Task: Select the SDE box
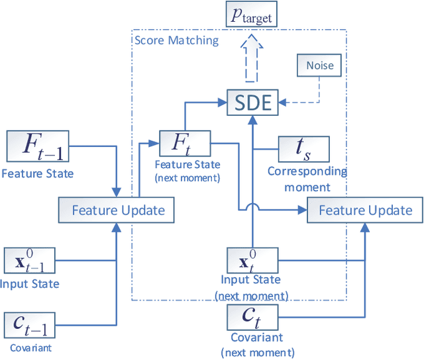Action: coord(252,103)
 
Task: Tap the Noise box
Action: coord(319,66)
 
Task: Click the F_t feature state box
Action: coord(184,142)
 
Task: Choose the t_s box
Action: coord(303,150)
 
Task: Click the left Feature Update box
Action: coord(117,210)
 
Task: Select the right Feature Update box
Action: coord(365,210)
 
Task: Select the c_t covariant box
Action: coord(252,317)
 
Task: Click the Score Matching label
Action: coord(176,40)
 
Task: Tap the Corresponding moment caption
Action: coord(307,179)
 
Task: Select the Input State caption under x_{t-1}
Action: coord(30,284)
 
